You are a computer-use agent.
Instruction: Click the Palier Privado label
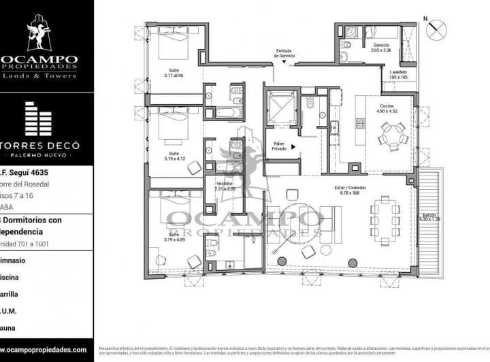[279, 146]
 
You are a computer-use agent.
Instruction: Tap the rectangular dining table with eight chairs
[385, 222]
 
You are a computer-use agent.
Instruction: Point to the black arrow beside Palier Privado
[293, 146]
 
